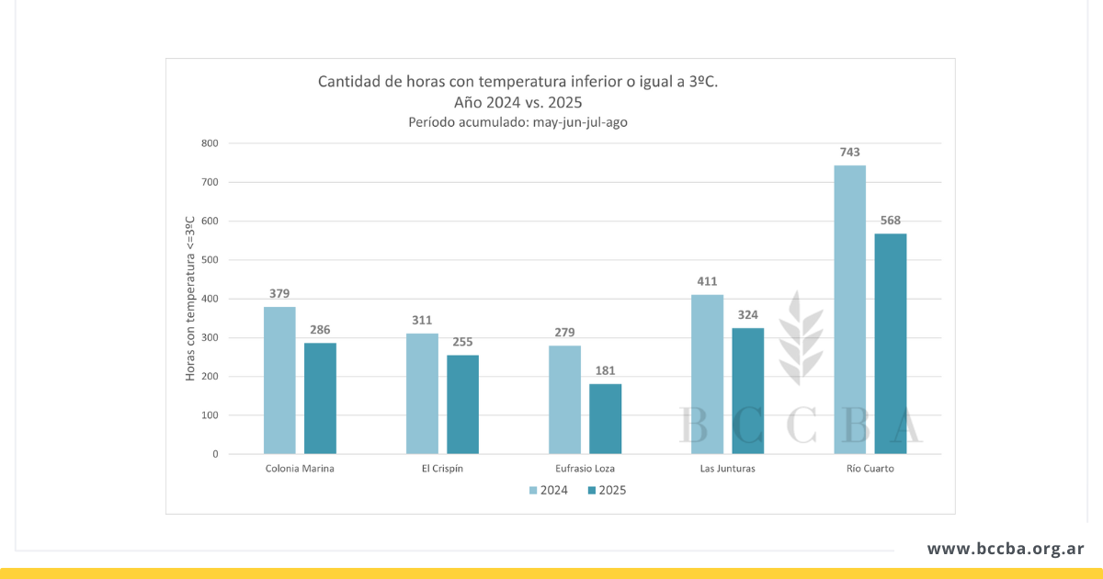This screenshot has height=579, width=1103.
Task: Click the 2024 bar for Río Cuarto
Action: pos(849,310)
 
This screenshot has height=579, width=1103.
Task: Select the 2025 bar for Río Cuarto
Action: pos(891,344)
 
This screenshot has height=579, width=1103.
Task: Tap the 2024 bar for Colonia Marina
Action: pos(279,380)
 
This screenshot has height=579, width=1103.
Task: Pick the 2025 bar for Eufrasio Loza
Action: pos(605,419)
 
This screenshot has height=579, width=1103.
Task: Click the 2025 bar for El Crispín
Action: pos(462,404)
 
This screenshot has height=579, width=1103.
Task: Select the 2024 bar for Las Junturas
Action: pos(707,374)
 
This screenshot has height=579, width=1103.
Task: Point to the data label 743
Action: pos(849,153)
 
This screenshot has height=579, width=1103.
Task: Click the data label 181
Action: pos(605,371)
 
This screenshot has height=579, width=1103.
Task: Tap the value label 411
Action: pos(707,282)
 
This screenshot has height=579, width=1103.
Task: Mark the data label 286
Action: pos(320,330)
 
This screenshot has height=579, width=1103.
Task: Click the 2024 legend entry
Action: pos(548,490)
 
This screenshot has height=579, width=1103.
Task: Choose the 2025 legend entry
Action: pos(605,490)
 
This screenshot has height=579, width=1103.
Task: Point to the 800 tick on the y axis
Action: pos(210,143)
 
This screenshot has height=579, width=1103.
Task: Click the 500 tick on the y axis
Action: pos(210,260)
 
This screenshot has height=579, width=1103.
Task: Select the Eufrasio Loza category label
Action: pos(584,469)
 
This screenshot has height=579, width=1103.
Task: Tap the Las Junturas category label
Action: pos(727,469)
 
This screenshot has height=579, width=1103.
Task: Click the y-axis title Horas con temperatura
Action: pos(190,299)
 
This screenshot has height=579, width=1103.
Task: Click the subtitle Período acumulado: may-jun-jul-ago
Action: pos(517,122)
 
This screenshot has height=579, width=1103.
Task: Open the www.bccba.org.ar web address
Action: pos(1006,549)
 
